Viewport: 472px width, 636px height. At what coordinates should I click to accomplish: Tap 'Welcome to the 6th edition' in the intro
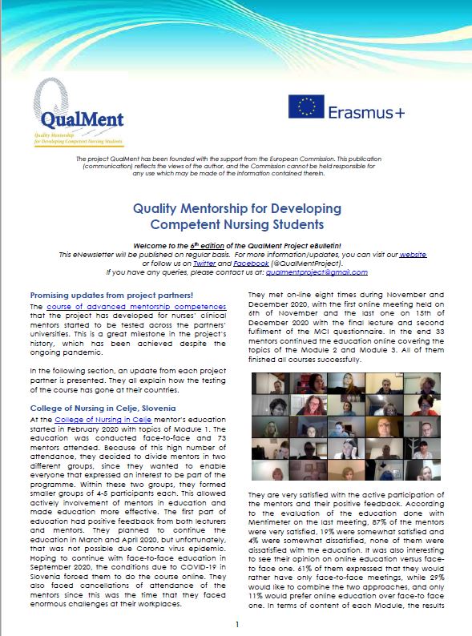pyautogui.click(x=210, y=245)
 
